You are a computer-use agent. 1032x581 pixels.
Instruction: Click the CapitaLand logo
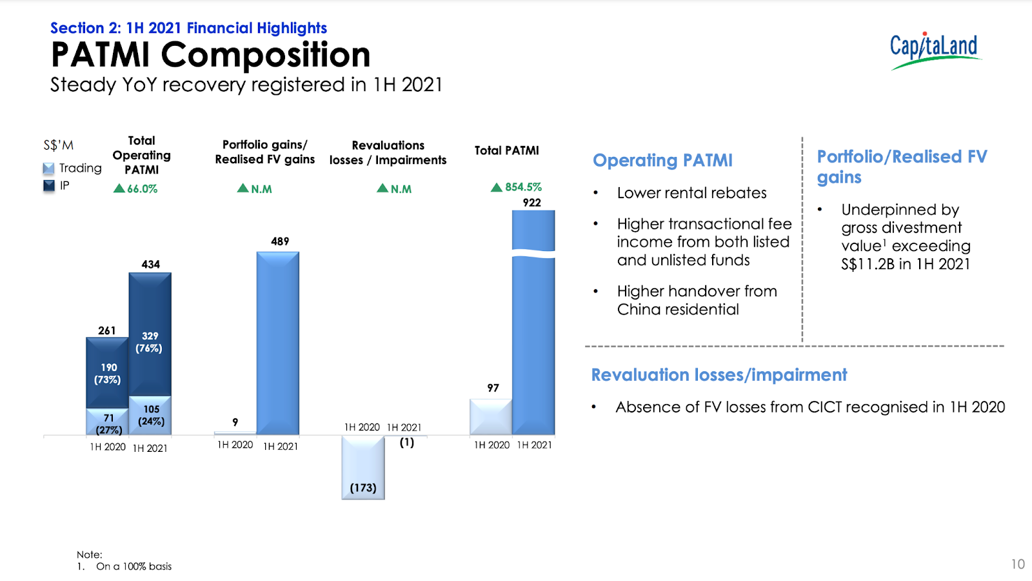pyautogui.click(x=935, y=51)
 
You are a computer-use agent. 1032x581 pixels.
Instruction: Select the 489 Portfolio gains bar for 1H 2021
pyautogui.click(x=278, y=343)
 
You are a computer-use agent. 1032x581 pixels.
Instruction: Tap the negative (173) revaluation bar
pyautogui.click(x=363, y=467)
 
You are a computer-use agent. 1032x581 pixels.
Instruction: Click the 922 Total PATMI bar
pyautogui.click(x=533, y=322)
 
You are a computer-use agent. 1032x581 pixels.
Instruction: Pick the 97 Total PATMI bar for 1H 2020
pyautogui.click(x=491, y=416)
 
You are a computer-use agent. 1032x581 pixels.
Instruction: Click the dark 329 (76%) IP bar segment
pyautogui.click(x=150, y=334)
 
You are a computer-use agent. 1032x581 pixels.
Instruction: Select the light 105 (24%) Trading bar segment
pyautogui.click(x=150, y=415)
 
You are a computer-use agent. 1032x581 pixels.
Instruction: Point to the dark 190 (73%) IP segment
pyautogui.click(x=107, y=372)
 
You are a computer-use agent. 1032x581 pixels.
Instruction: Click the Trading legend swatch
pyautogui.click(x=48, y=168)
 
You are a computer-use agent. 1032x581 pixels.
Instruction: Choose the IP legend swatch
pyautogui.click(x=49, y=185)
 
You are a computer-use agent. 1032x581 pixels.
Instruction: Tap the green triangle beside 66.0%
pyautogui.click(x=119, y=188)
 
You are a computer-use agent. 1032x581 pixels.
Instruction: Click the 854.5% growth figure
pyautogui.click(x=523, y=187)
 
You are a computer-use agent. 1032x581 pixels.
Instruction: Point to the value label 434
pyautogui.click(x=151, y=264)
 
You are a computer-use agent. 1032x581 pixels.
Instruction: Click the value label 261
pyautogui.click(x=107, y=331)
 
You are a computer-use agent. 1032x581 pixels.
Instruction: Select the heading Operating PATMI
pyautogui.click(x=662, y=160)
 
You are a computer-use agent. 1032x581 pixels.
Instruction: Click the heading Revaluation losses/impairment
pyautogui.click(x=719, y=375)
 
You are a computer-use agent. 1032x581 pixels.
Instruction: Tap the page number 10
pyautogui.click(x=1018, y=564)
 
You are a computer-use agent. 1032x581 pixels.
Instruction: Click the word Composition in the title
pyautogui.click(x=265, y=56)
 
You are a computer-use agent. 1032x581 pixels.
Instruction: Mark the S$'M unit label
pyautogui.click(x=58, y=145)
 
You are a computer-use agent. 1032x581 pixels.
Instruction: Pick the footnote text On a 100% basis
pyautogui.click(x=134, y=566)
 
